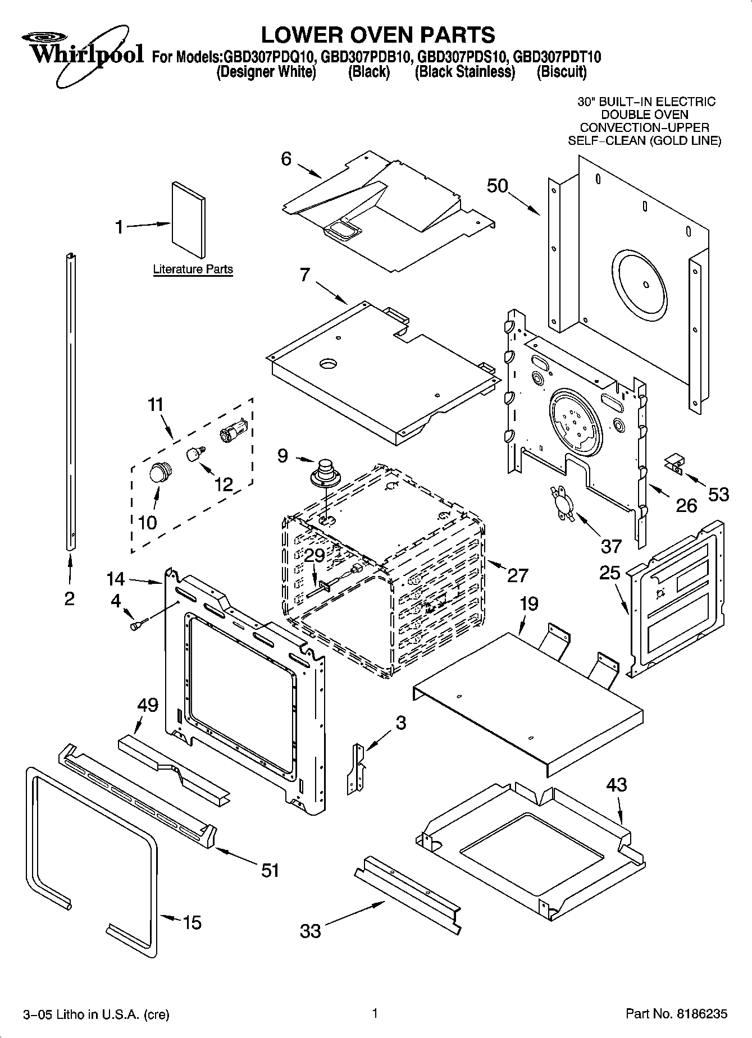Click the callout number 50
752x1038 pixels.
tap(497, 186)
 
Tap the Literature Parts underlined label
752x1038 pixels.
tap(193, 269)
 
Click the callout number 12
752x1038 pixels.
tap(224, 484)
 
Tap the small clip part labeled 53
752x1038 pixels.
tap(673, 464)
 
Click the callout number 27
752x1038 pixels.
tap(517, 575)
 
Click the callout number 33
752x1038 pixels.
tap(310, 931)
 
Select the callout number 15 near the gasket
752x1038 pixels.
tap(192, 922)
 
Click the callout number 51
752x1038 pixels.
tap(270, 871)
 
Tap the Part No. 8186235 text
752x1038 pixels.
tap(676, 1014)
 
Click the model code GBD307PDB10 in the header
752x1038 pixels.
tap(368, 57)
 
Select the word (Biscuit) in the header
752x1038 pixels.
tap(562, 72)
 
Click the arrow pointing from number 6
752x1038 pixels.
tap(308, 171)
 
